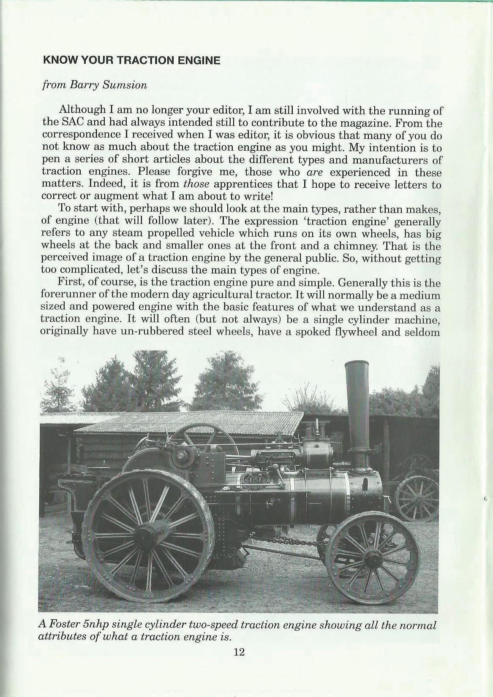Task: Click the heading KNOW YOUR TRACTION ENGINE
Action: [x=131, y=60]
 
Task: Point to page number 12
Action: [x=239, y=652]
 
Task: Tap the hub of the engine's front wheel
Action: [x=373, y=559]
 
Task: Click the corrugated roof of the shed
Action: [x=186, y=422]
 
